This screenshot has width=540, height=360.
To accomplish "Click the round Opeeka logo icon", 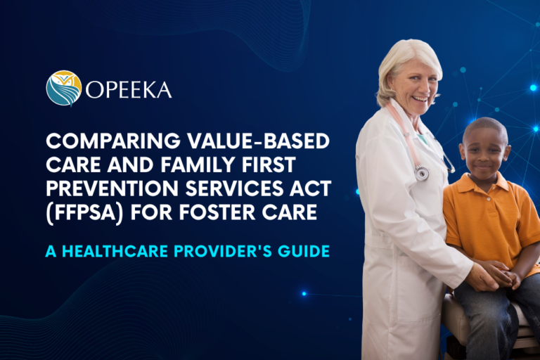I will (64, 88).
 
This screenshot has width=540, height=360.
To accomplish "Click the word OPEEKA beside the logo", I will (129, 89).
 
